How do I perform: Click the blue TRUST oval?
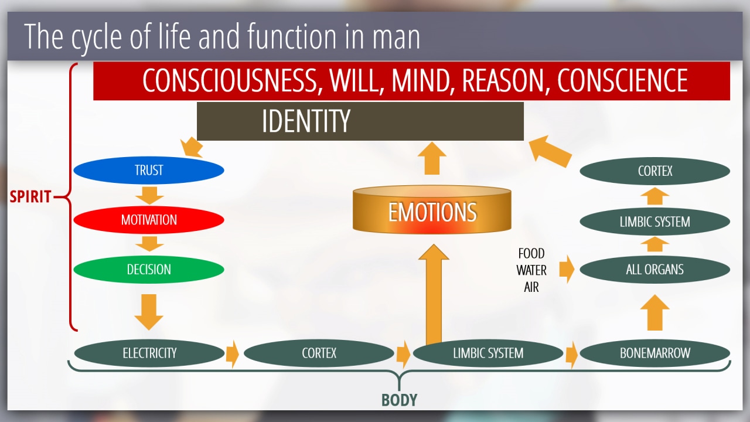[x=149, y=170]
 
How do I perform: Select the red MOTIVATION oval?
[x=149, y=220]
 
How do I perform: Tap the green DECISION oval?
[x=149, y=269]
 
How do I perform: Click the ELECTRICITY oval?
[x=149, y=353]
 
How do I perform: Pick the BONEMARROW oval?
[x=655, y=353]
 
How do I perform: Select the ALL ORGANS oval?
[x=655, y=269]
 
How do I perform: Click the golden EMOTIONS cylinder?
[x=432, y=209]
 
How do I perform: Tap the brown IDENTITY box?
[x=360, y=121]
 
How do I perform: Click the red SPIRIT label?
[x=30, y=196]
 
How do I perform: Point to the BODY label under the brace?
[x=400, y=400]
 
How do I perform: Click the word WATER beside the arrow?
[x=531, y=270]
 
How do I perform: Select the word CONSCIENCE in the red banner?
[x=622, y=80]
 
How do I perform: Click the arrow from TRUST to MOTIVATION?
[x=149, y=196]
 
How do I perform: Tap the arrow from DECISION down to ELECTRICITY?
[x=149, y=312]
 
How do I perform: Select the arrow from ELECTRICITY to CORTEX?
[x=233, y=354]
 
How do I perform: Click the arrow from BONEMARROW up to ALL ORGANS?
[x=655, y=312]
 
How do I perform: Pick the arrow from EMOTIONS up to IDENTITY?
[x=432, y=158]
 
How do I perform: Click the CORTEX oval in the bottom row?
[x=319, y=353]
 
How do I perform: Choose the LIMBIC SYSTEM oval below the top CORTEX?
[x=655, y=222]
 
